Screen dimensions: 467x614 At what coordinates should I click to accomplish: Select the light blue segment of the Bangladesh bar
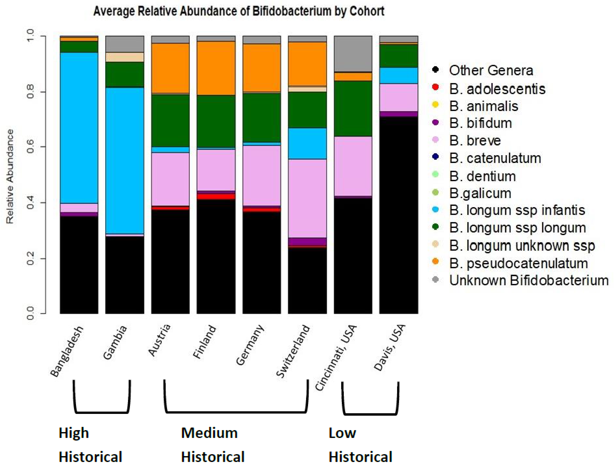point(79,128)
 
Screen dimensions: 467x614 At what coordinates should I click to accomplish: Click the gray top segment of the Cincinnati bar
point(353,54)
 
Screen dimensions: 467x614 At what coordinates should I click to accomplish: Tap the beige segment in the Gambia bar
point(125,57)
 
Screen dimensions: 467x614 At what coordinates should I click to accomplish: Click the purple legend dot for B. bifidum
point(435,122)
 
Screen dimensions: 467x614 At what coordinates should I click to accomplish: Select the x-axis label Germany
point(250,345)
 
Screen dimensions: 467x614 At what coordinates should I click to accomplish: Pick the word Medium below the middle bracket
point(209,433)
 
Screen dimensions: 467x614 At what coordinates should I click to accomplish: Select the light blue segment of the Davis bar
point(399,75)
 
